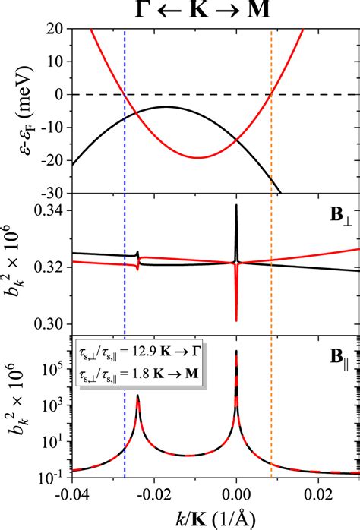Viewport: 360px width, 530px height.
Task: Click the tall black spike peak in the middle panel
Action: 237,206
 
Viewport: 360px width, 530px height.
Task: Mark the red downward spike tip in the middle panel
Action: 237,320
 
